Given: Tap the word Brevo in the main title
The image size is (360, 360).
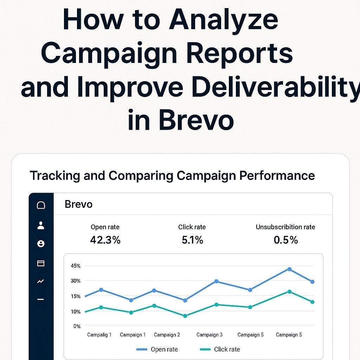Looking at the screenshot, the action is click(196, 120).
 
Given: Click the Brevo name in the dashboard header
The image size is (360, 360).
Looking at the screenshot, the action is click(78, 204).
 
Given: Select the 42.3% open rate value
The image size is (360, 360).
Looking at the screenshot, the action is click(105, 240).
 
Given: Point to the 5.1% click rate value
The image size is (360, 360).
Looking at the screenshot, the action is click(192, 240).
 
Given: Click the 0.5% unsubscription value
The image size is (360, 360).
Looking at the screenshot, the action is click(285, 240).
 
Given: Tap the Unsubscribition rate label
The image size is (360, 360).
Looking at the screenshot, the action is click(285, 227).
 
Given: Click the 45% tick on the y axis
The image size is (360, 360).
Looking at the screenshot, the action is click(76, 266).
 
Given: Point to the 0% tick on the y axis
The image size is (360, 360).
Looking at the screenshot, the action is click(77, 326).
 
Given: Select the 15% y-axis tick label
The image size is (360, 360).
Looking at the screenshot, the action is click(76, 296).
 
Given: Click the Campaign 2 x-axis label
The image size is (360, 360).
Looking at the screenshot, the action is click(167, 335).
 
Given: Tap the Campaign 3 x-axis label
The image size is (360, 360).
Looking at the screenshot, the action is click(210, 335).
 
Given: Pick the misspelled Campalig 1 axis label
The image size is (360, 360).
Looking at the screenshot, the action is click(99, 335).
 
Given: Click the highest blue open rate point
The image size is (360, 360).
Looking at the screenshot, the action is click(290, 269).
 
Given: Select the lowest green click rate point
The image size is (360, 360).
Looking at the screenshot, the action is click(185, 316).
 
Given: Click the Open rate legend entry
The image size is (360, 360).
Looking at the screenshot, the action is click(157, 349).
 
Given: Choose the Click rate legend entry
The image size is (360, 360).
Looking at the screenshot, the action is click(220, 349).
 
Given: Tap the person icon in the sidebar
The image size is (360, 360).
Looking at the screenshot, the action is click(41, 225).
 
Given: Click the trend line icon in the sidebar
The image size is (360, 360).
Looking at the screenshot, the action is click(40, 281).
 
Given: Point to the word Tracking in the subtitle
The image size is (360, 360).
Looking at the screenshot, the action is click(54, 176).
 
